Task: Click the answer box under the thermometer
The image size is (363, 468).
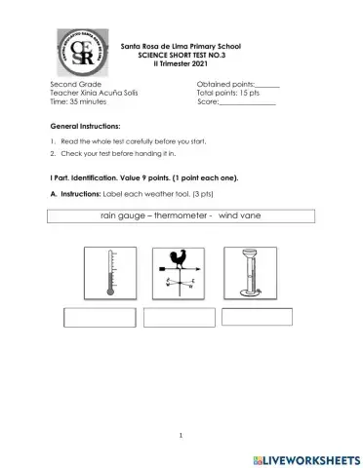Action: point(100,317)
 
